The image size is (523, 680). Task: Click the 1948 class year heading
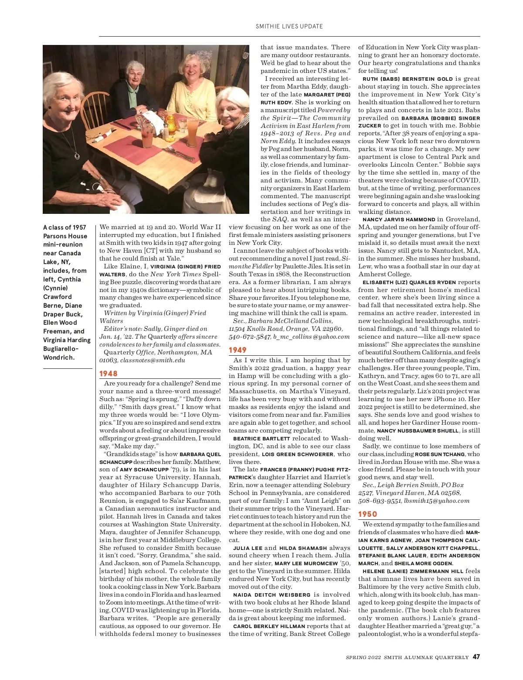[x=109, y=374]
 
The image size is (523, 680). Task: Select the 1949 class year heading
[x=238, y=350]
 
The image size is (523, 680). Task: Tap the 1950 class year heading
[x=367, y=514]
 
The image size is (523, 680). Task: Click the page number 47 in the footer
[x=476, y=657]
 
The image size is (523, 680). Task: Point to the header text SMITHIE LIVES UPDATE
[x=289, y=26]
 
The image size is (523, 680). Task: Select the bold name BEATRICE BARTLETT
[x=261, y=439]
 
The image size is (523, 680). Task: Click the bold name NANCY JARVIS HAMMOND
[x=399, y=220]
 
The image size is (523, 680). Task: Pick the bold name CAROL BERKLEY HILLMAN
[x=269, y=626]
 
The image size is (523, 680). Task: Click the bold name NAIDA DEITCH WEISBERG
[x=272, y=595]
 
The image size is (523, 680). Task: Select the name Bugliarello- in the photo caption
[x=61, y=349]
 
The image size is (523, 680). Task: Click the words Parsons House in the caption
[x=65, y=236]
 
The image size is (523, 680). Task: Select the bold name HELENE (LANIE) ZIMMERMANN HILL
[x=411, y=571]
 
